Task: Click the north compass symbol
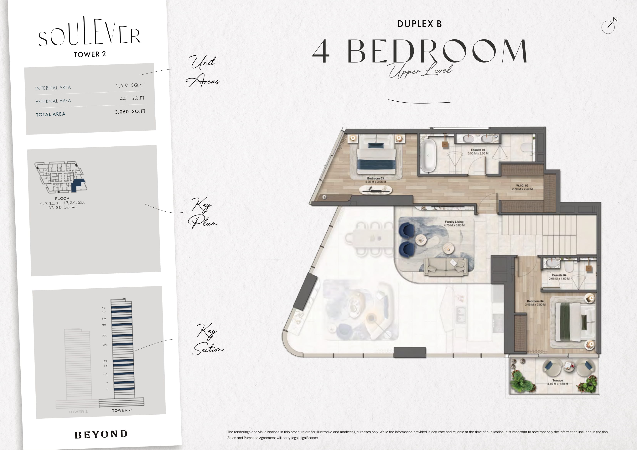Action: pos(608,27)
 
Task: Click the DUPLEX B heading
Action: pos(419,24)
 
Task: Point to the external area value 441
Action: pos(124,99)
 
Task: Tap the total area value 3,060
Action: pos(122,112)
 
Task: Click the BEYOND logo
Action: pos(101,434)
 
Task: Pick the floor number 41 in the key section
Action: pos(103,307)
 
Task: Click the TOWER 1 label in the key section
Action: pos(78,412)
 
